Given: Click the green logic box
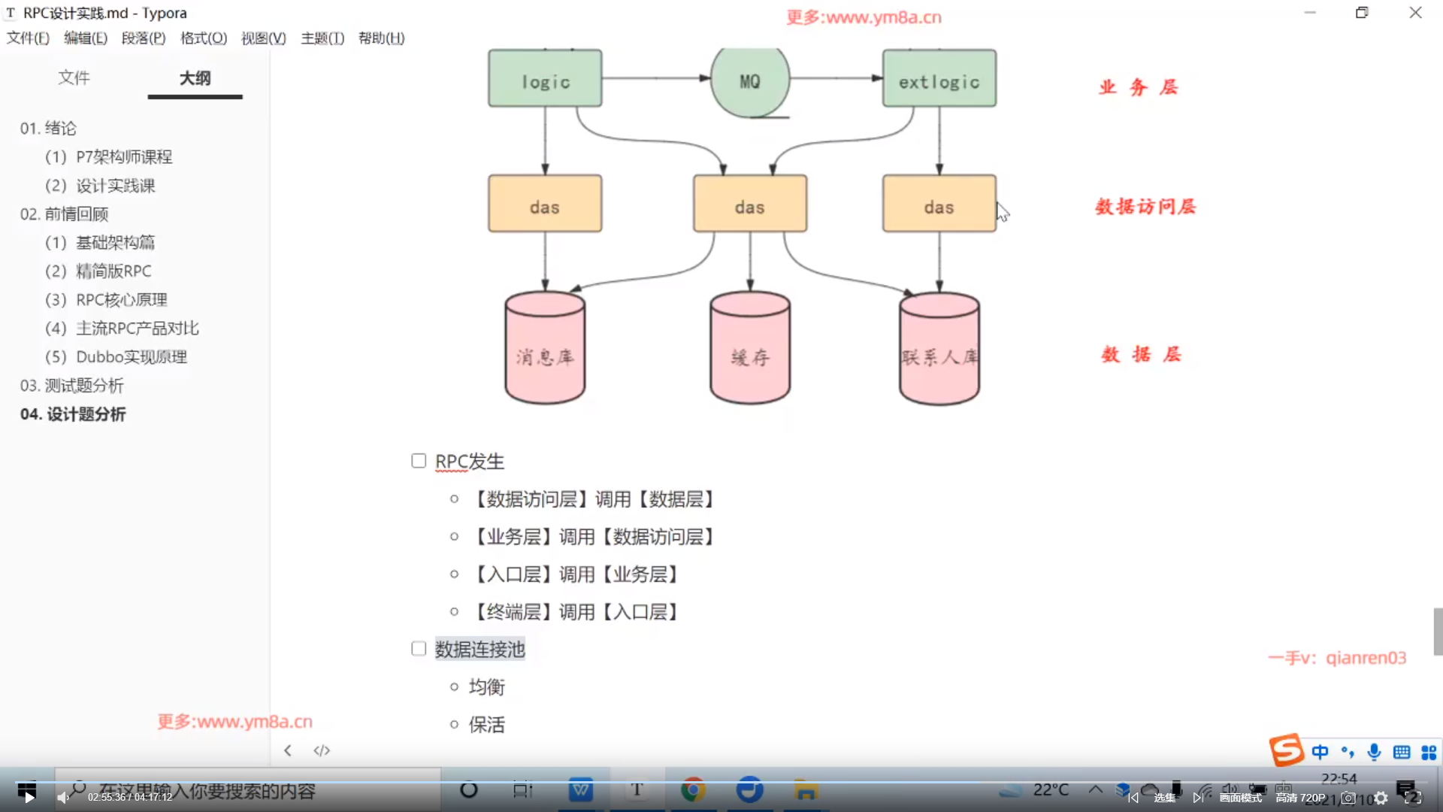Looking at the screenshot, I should [545, 79].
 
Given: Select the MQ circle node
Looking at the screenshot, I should [749, 81].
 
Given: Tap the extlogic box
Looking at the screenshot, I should [939, 79].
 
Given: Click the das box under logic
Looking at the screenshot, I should [545, 205].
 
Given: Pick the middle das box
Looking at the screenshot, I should [749, 205].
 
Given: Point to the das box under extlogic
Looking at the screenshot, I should [939, 205].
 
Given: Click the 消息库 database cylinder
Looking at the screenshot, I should [545, 350].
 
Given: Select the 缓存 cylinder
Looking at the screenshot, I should [749, 350].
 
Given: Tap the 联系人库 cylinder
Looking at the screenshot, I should [939, 350].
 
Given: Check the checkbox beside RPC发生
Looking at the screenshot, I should [419, 461].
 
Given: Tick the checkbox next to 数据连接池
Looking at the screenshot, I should [419, 649].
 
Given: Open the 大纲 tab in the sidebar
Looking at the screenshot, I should [195, 78].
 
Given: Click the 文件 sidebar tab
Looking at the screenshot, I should [74, 78].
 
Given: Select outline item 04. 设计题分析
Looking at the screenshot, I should [73, 414].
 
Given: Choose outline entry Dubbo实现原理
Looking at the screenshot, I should [131, 357].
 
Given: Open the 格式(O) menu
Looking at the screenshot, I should [203, 38].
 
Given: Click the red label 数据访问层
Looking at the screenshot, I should [1145, 207].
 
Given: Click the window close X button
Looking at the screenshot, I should [1415, 13].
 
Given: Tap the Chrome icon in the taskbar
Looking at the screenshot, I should [693, 790].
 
